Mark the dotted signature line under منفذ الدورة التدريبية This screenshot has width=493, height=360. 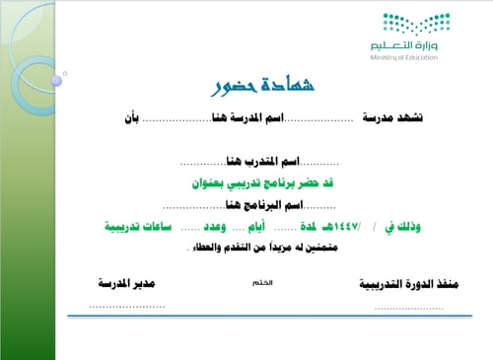(x=408, y=308)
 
